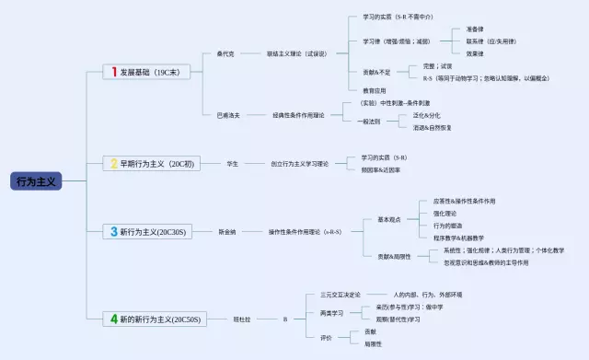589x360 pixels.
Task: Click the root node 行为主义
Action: click(37, 181)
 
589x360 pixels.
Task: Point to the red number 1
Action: click(114, 71)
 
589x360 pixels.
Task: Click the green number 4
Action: click(114, 319)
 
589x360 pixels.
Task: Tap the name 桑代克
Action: click(225, 54)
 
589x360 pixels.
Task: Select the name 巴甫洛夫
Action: click(227, 116)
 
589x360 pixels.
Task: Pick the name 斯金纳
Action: click(226, 232)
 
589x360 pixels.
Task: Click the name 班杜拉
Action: click(241, 319)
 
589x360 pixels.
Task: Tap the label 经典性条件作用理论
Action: click(298, 116)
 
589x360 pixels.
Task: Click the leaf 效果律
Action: click(475, 53)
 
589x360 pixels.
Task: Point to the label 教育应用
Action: click(374, 90)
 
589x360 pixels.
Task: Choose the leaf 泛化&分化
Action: click(426, 116)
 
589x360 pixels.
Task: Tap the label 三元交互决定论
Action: click(341, 295)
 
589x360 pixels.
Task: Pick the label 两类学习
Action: click(331, 313)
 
